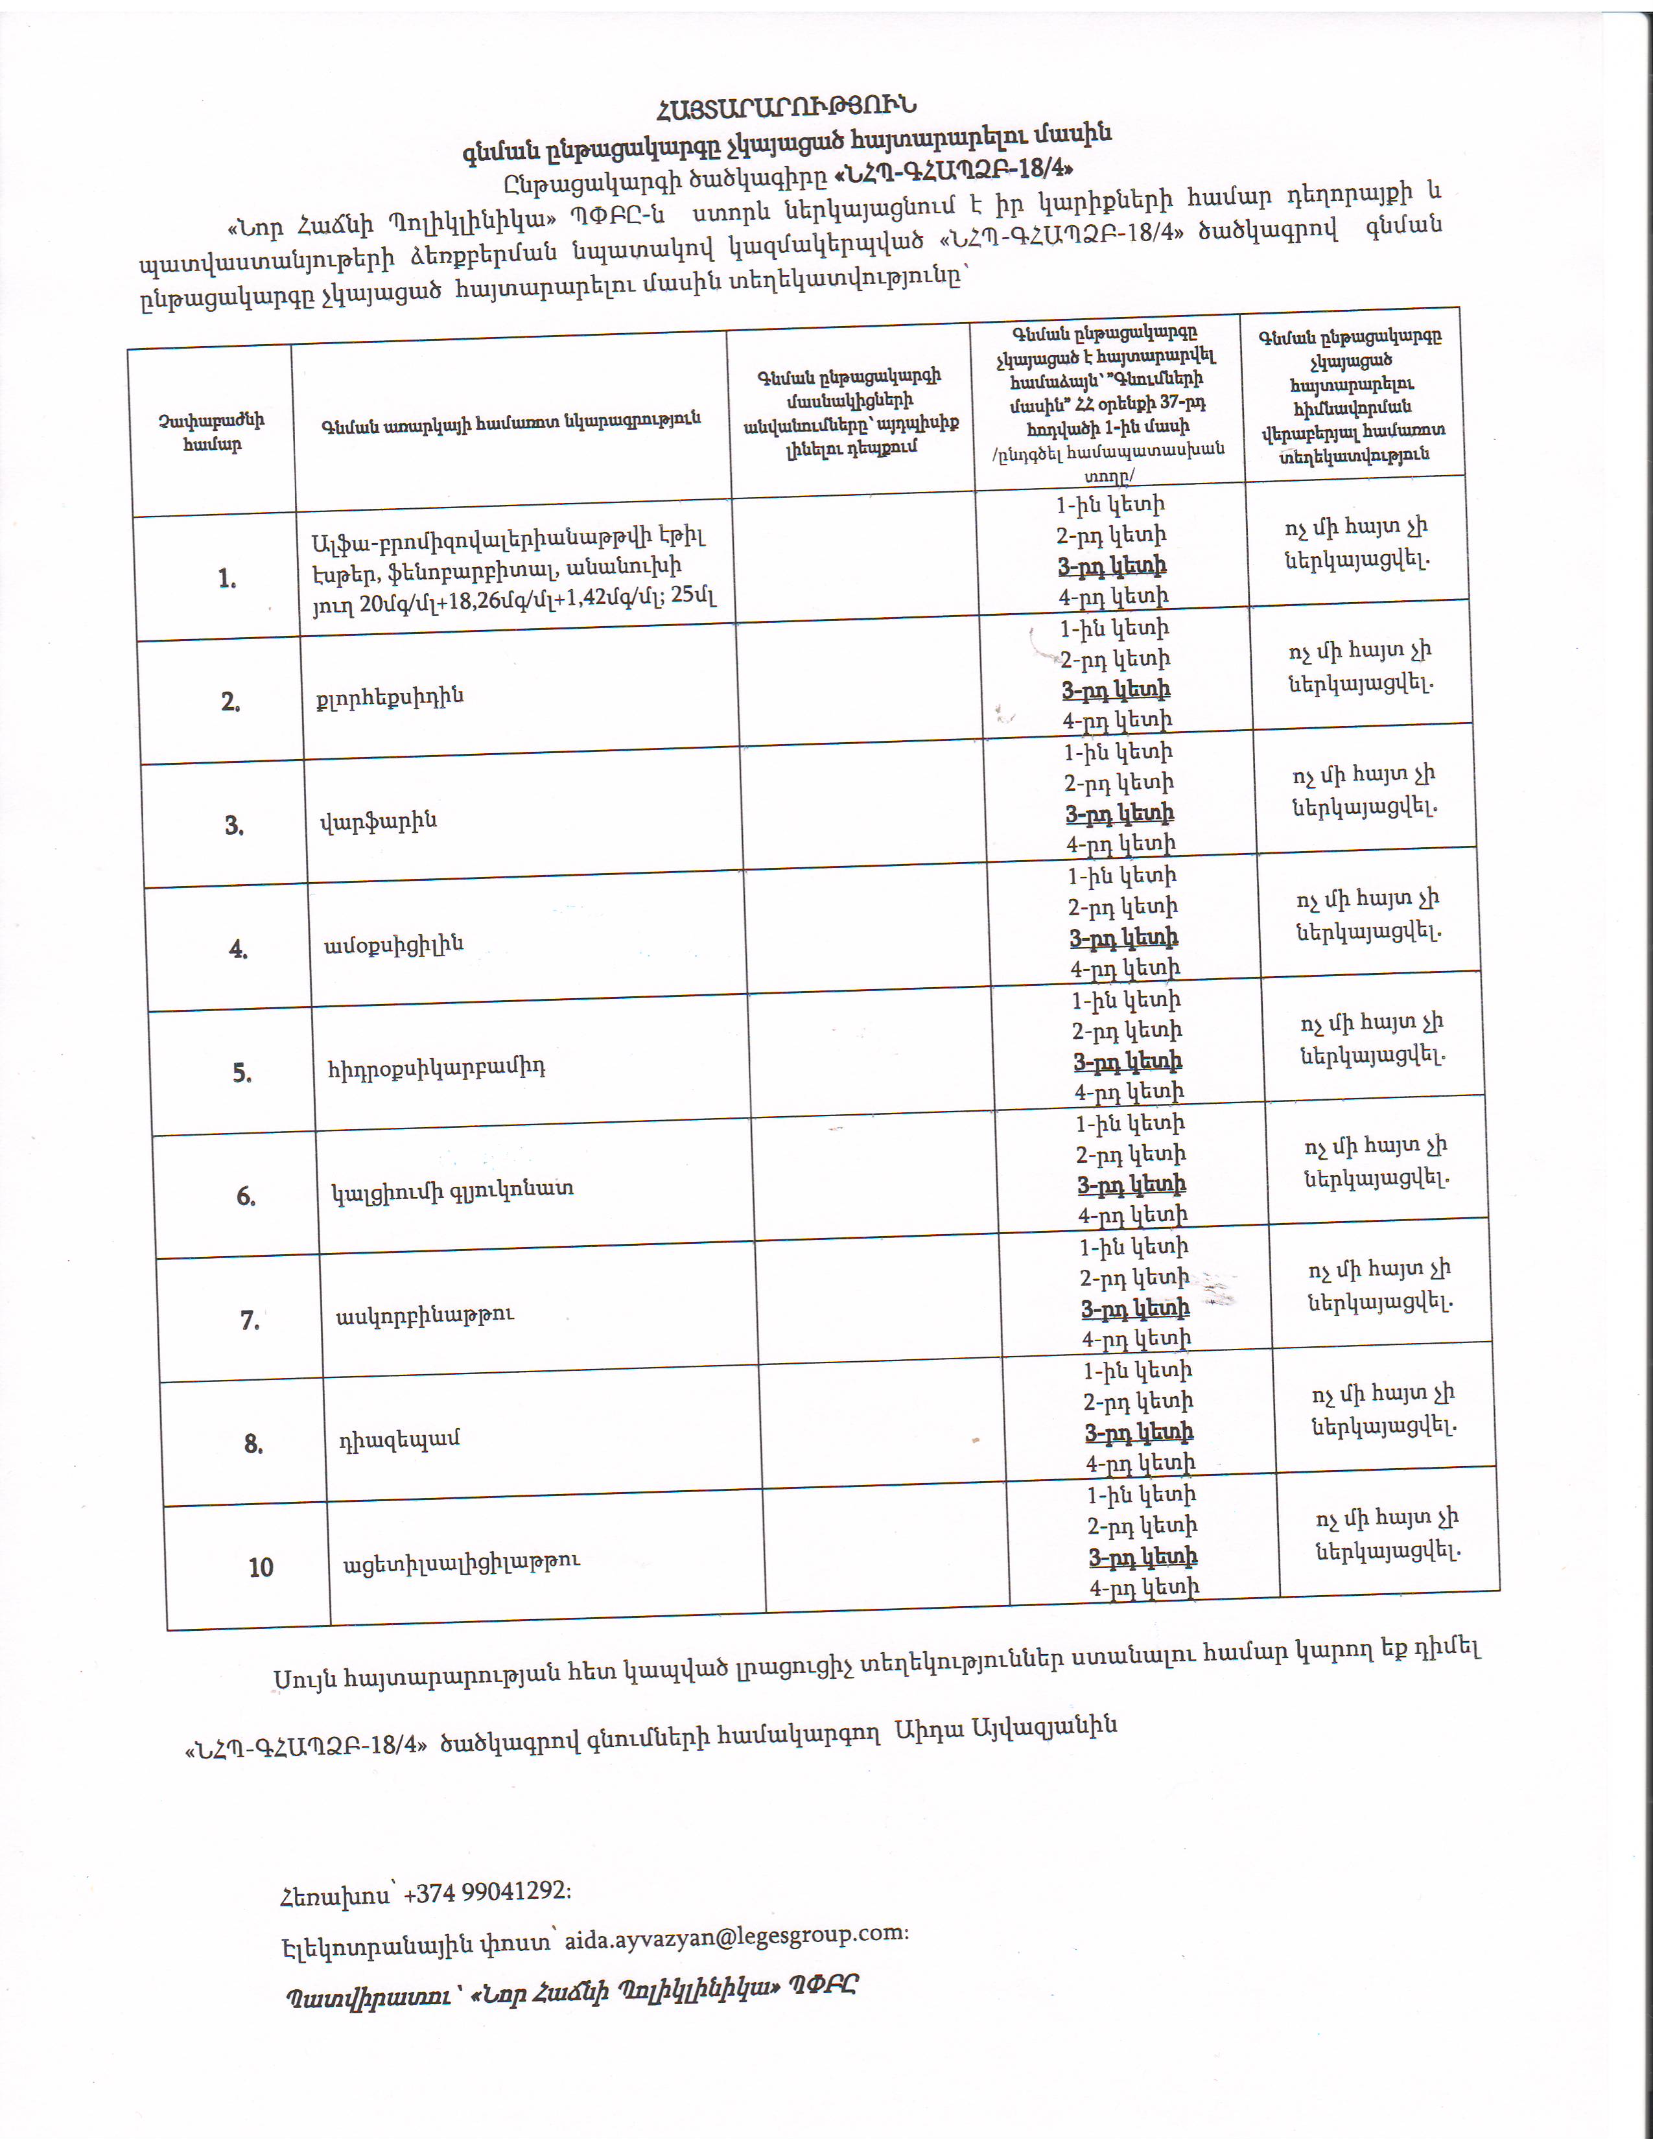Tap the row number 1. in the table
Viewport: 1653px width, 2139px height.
click(227, 579)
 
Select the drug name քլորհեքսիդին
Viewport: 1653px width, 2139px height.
click(390, 697)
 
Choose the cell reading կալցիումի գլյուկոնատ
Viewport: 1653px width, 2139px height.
click(452, 1191)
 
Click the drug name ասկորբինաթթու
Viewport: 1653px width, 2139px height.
click(425, 1315)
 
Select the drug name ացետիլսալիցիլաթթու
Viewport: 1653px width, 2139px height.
click(462, 1561)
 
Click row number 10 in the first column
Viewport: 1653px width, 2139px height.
click(261, 1567)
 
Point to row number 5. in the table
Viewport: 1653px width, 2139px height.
click(242, 1073)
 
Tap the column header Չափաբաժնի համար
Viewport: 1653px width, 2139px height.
click(211, 432)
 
